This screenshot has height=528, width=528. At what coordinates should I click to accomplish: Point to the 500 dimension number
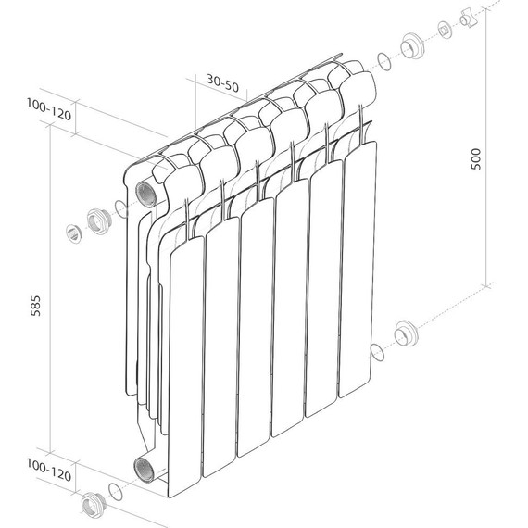476,159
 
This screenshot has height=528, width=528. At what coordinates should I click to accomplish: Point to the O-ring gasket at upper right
383,61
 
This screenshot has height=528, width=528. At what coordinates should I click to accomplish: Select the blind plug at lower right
405,333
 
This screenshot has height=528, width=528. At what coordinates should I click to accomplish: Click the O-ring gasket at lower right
376,352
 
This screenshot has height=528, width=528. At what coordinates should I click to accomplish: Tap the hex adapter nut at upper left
98,220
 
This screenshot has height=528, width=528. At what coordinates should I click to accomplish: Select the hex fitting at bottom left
92,504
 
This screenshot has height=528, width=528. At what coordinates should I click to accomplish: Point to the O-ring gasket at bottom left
113,490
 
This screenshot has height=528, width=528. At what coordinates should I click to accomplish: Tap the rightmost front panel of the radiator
358,269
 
